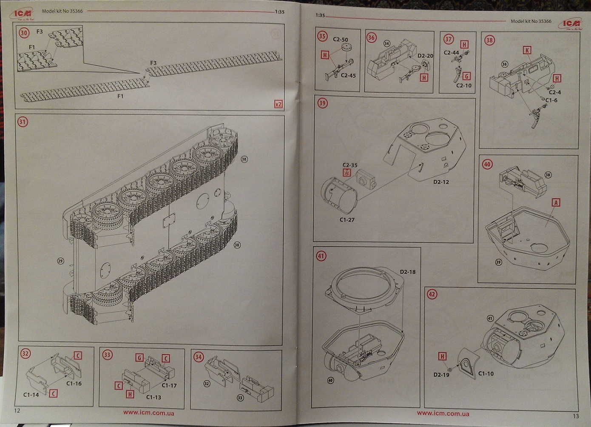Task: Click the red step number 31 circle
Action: tap(22, 122)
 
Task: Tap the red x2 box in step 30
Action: tap(278, 104)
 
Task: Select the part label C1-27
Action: tap(347, 220)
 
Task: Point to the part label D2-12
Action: tap(441, 182)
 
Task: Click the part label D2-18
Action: tap(407, 272)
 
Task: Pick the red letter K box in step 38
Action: tap(527, 50)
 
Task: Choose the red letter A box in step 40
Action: tap(555, 202)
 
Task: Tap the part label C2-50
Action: tap(340, 40)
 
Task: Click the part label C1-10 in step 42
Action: tap(486, 373)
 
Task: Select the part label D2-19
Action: tap(441, 375)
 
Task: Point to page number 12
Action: tap(17, 410)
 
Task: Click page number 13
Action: tap(576, 416)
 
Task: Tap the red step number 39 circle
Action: tap(322, 103)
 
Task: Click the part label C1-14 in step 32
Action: tap(31, 395)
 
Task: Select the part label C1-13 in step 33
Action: tap(153, 397)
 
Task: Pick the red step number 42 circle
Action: tap(432, 294)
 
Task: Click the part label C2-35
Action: tap(350, 165)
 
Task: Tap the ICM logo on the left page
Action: tap(21, 13)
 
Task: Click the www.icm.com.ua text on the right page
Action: tap(443, 413)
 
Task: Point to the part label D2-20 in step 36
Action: tap(425, 56)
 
